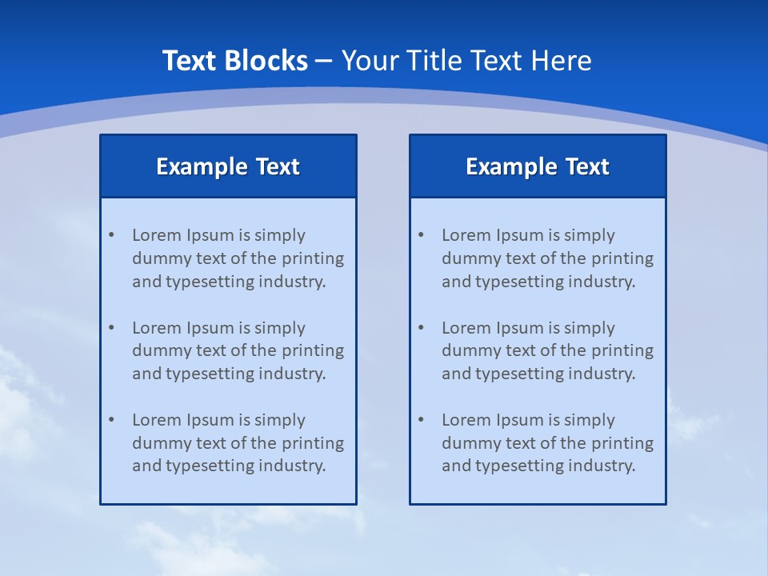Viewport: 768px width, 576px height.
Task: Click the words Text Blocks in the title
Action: pyautogui.click(x=234, y=61)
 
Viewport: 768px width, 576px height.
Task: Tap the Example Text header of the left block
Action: pyautogui.click(x=228, y=166)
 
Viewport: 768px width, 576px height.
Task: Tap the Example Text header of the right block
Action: pyautogui.click(x=538, y=166)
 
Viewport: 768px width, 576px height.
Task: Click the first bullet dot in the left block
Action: pyautogui.click(x=111, y=235)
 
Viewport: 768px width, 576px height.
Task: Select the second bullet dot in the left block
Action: pyautogui.click(x=111, y=328)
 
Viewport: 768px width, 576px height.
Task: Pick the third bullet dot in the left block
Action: pyautogui.click(x=111, y=420)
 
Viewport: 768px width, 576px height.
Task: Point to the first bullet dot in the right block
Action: pyautogui.click(x=421, y=235)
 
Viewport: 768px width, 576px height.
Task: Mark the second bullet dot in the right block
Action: pyautogui.click(x=421, y=328)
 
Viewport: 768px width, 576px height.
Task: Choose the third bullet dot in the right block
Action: pyautogui.click(x=421, y=420)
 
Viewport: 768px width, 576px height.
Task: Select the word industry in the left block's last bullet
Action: pyautogui.click(x=293, y=466)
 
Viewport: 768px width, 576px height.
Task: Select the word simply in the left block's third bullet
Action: pyautogui.click(x=280, y=420)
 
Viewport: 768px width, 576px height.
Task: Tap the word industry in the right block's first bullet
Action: pyautogui.click(x=602, y=282)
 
